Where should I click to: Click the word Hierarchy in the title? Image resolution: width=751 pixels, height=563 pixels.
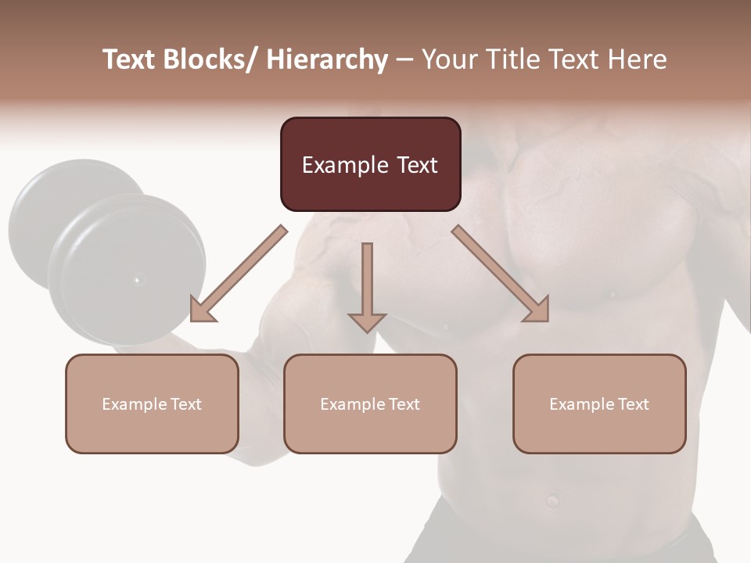coord(327,59)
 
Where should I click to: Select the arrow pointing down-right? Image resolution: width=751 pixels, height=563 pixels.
coord(501,274)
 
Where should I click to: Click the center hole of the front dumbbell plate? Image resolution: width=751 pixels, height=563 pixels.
coord(138,279)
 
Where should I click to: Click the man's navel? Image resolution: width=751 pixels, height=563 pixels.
coord(553,500)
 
